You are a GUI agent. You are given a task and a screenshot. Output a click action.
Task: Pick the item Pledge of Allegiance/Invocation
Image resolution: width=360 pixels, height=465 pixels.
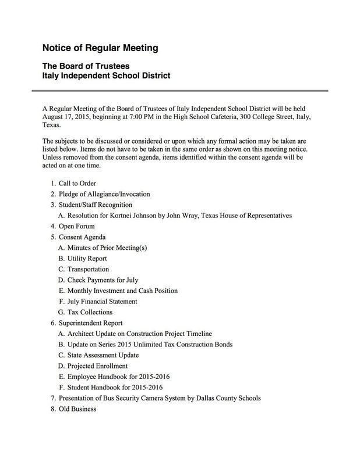104,194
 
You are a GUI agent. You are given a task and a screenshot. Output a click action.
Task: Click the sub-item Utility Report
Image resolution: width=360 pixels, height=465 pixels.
87,258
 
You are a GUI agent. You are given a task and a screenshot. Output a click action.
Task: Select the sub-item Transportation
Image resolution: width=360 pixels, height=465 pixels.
88,269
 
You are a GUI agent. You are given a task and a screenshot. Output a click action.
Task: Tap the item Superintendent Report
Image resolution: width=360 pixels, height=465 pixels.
98,323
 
